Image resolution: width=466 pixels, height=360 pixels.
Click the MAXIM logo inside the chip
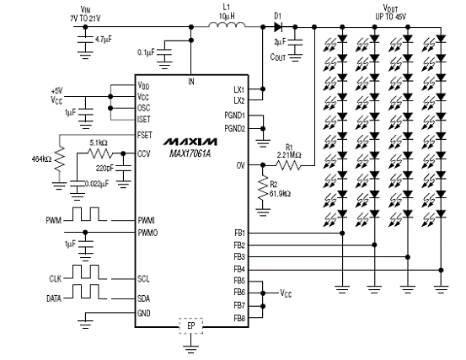190,142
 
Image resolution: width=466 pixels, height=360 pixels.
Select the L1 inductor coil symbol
227,24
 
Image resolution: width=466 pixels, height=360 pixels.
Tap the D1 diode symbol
278,27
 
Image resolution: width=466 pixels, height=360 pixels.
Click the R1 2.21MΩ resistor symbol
288,165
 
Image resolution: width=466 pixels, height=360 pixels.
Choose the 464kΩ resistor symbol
60,159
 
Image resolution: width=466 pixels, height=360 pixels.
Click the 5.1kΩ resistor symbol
100,153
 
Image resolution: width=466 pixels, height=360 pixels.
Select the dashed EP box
190,325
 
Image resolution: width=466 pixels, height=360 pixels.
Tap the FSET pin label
145,135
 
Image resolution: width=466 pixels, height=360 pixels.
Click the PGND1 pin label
235,115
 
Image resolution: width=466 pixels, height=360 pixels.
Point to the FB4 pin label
239,270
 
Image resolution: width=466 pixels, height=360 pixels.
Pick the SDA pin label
143,298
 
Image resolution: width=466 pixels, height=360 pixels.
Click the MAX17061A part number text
190,153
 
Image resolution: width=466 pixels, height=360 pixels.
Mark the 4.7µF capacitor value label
104,40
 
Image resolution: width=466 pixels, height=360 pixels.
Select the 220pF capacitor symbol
123,169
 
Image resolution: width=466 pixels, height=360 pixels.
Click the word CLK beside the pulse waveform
56,278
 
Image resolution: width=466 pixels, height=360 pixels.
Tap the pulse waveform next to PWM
86,214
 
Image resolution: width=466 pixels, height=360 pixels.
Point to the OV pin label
241,165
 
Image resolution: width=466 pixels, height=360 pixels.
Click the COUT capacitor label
277,56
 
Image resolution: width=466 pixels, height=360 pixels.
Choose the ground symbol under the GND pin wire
85,324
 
